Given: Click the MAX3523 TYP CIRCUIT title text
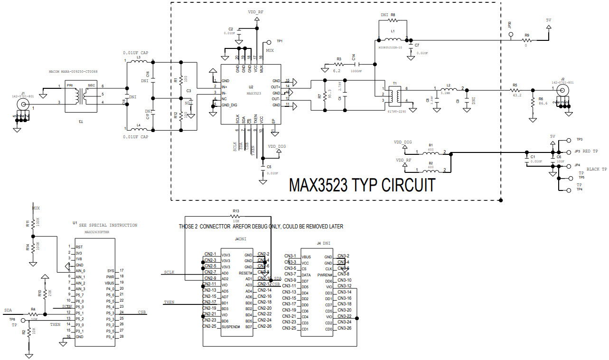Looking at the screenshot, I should tap(362, 184).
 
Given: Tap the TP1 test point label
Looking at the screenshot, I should tap(280, 41).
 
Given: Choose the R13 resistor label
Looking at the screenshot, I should tap(236, 211).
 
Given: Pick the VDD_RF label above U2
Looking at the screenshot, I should tap(256, 11).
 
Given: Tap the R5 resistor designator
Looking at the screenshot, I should tap(515, 85).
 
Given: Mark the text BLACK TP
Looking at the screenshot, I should tap(597, 169).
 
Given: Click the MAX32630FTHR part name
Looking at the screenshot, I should tap(97, 233).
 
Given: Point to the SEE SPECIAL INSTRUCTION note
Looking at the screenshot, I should tap(108, 225).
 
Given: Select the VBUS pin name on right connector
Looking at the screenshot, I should tap(306, 257).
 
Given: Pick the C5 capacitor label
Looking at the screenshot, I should tap(269, 167).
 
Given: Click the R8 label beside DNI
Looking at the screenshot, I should tap(393, 15).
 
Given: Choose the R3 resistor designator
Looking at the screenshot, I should tap(339, 59).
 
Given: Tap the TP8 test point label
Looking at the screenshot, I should tap(12, 320).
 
